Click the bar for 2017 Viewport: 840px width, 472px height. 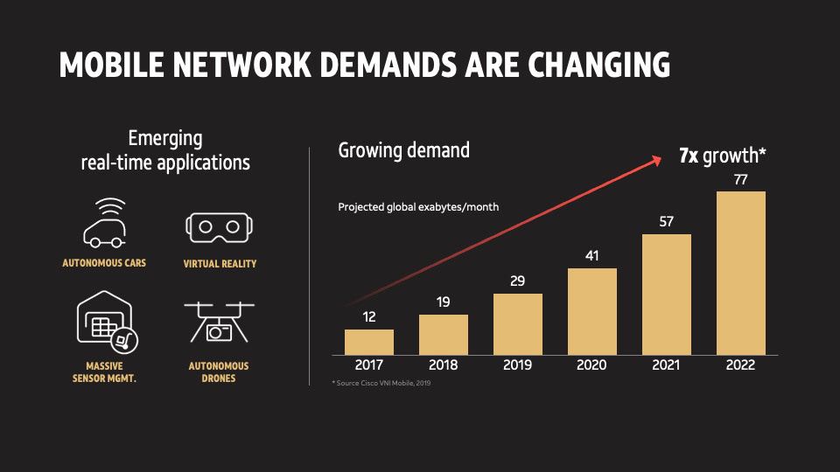[369, 342]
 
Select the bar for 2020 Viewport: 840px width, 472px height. [592, 311]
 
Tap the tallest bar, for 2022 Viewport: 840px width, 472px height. [741, 273]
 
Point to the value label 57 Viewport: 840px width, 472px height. [666, 221]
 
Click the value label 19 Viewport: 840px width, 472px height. [443, 302]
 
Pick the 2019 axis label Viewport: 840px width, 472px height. [517, 365]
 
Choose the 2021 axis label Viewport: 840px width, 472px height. [666, 365]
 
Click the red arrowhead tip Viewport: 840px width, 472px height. [662, 158]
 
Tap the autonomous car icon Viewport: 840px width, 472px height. [104, 223]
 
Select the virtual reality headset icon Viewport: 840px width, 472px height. [219, 227]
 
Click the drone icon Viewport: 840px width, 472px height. [219, 322]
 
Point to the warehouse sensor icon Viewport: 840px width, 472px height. [107, 322]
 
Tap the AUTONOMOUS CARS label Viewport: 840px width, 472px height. [104, 263]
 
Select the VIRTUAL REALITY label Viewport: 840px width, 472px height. [220, 264]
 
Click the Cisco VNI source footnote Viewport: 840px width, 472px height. [381, 383]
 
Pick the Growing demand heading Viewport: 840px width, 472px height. [404, 150]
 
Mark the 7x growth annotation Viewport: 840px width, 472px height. [723, 156]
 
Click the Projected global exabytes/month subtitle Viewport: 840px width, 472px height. [418, 207]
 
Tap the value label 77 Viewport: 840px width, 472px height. [741, 180]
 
